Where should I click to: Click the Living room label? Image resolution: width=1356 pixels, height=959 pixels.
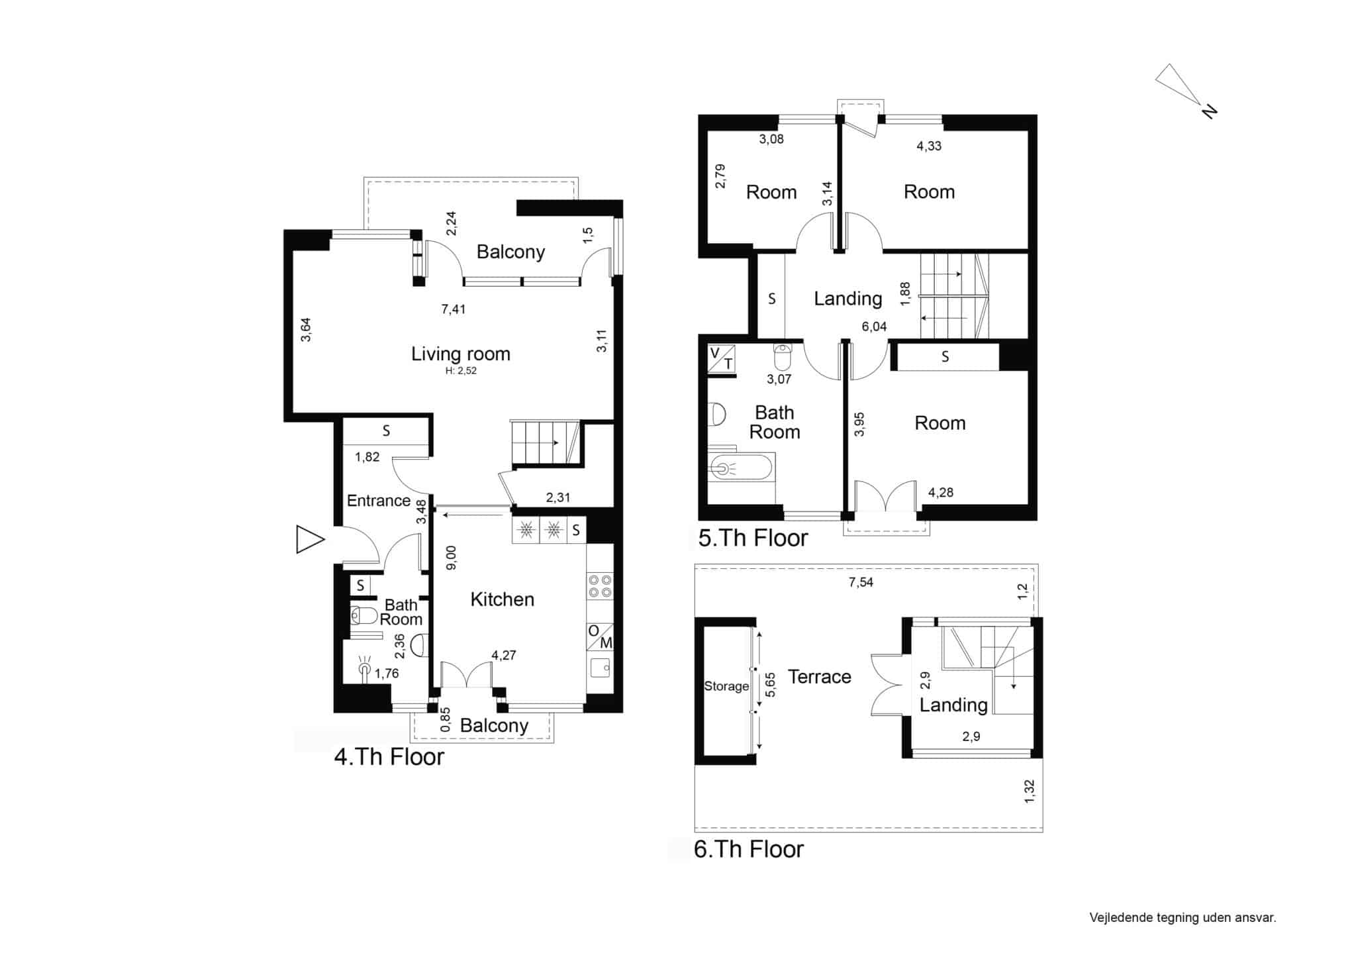click(461, 354)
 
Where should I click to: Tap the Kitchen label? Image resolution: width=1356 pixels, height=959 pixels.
click(502, 599)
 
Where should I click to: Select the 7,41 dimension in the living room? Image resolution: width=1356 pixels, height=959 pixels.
click(454, 309)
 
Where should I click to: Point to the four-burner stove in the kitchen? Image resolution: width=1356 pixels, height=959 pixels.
click(600, 586)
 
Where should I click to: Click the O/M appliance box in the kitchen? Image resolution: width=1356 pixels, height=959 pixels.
click(600, 636)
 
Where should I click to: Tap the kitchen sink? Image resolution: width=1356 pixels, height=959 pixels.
click(601, 668)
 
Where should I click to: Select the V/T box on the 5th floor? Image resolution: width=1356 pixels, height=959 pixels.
click(722, 358)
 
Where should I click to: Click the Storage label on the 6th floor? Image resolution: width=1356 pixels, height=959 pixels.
click(726, 686)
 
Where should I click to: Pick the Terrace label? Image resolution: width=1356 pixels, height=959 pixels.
click(819, 677)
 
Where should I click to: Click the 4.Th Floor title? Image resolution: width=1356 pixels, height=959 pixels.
click(389, 757)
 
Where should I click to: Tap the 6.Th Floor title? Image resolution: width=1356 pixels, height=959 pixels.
click(748, 849)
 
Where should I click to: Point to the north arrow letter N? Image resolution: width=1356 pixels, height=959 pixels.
click(1210, 111)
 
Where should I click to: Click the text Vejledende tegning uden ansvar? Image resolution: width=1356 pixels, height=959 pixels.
click(1183, 918)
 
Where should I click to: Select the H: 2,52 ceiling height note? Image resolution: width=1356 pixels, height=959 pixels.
click(461, 371)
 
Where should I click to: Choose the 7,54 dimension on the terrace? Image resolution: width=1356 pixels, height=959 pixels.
click(861, 582)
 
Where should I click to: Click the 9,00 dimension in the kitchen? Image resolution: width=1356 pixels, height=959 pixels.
click(451, 558)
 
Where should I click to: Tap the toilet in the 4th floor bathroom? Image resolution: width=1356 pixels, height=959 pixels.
click(363, 616)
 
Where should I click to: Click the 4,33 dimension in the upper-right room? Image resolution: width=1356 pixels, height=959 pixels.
click(929, 146)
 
